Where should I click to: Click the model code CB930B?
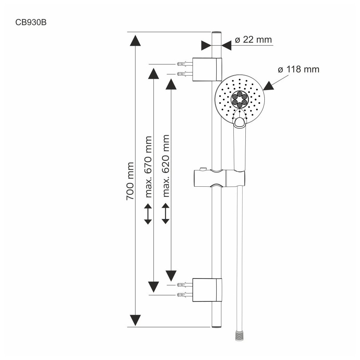[31, 22]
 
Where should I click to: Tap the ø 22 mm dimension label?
[253, 40]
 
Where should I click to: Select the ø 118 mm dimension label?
[298, 69]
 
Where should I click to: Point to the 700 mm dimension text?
[130, 181]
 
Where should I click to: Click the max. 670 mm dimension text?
[149, 167]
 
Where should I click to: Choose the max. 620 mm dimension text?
[166, 166]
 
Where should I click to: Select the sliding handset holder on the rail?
[220, 178]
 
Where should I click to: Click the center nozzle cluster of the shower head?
[239, 99]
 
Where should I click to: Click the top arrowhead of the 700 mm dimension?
[135, 41]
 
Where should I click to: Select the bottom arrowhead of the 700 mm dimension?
[135, 320]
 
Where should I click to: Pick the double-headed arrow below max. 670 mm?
[148, 214]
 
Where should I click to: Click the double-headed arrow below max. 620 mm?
[166, 213]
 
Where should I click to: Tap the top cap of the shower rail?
[217, 33]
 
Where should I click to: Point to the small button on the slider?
[203, 169]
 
